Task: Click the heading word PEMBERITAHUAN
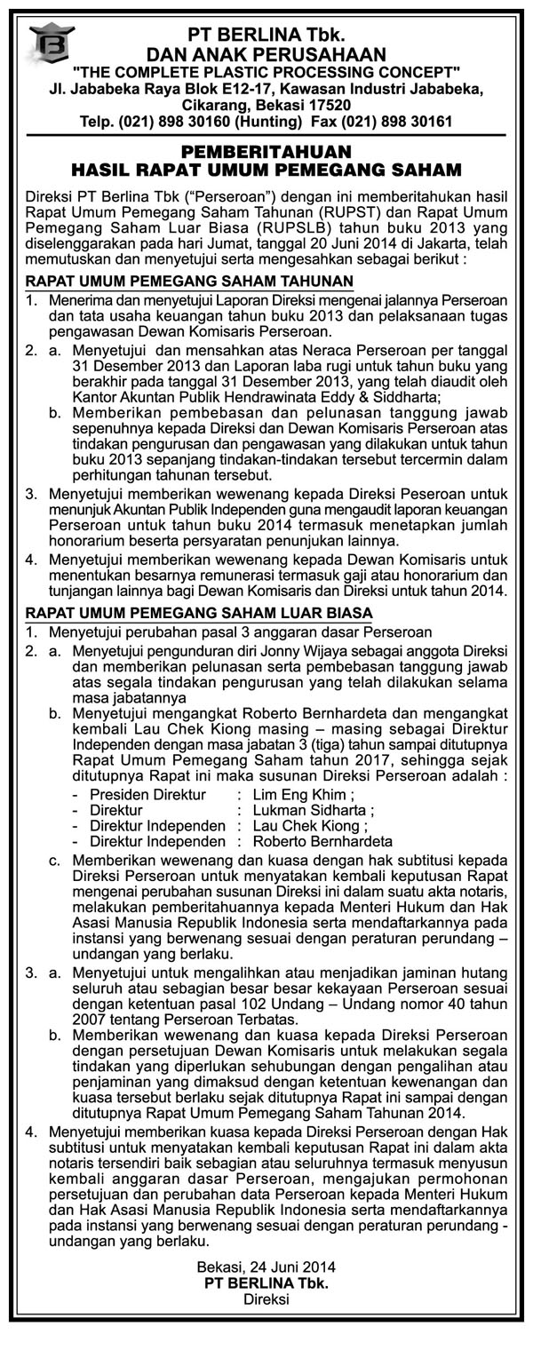[266, 151]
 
